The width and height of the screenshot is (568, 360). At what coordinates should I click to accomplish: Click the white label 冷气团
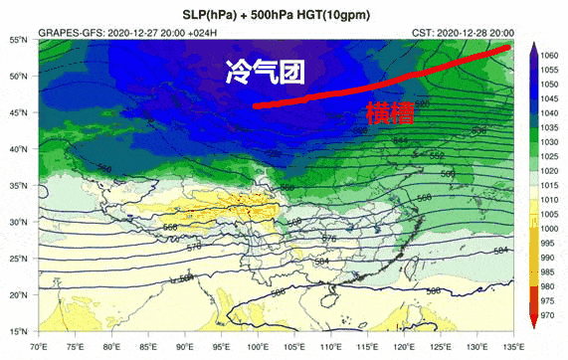pyautogui.click(x=265, y=73)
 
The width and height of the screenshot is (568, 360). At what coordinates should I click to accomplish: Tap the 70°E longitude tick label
pyautogui.click(x=39, y=345)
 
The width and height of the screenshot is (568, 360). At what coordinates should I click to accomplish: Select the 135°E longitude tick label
pyautogui.click(x=511, y=345)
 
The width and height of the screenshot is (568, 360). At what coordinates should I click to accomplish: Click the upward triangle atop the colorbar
pyautogui.click(x=534, y=48)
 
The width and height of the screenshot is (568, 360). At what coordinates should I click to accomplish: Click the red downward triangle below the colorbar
pyautogui.click(x=534, y=324)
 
